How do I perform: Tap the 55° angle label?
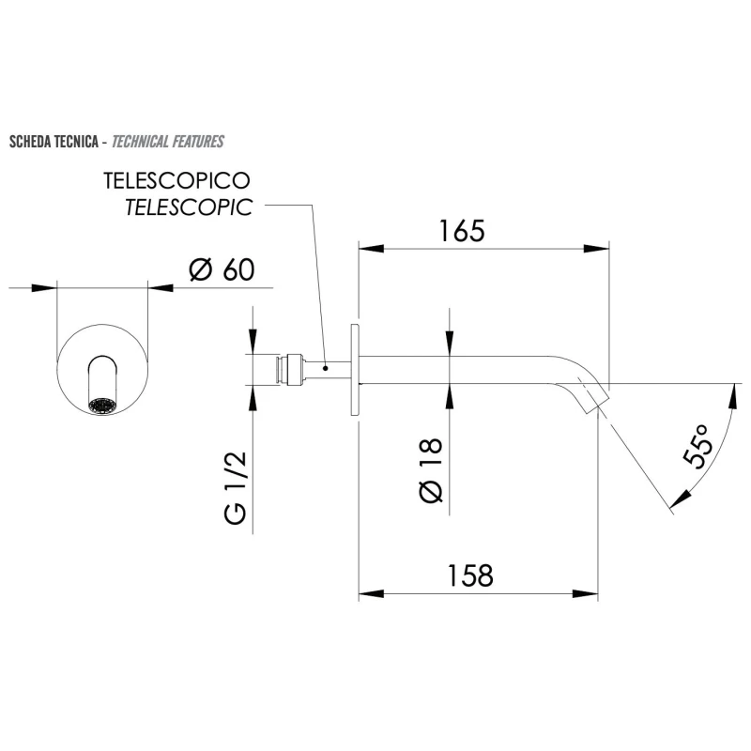698,446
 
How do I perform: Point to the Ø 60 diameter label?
222,269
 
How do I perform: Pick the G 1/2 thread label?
235,488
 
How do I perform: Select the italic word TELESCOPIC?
188,207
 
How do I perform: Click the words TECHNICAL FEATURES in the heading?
167,143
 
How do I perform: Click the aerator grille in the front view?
100,406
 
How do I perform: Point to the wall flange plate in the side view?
355,370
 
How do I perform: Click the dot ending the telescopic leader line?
324,368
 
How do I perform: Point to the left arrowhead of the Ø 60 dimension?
46,287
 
